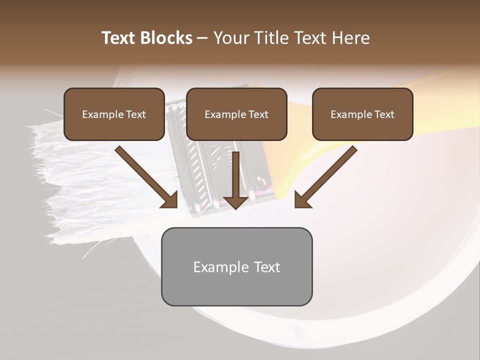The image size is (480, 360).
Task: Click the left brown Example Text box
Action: click(x=114, y=114)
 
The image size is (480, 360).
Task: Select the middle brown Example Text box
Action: click(x=236, y=114)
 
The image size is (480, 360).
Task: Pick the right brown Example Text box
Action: click(x=362, y=114)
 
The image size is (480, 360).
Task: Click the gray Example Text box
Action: click(x=236, y=266)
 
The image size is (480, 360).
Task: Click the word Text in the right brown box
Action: click(x=384, y=114)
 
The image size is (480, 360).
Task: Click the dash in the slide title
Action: click(x=202, y=38)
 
